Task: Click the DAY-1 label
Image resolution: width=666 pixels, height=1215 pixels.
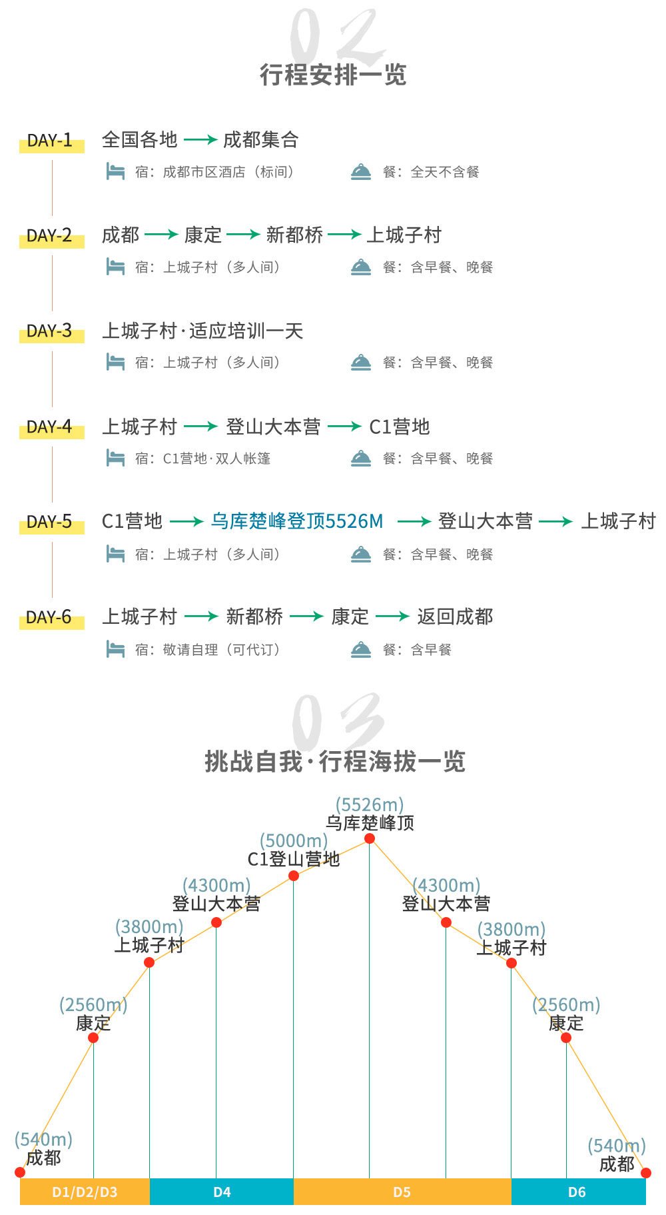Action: click(x=50, y=141)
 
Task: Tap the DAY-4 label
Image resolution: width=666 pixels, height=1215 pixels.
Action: click(x=50, y=427)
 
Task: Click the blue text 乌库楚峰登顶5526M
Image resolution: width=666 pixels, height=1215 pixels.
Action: click(x=297, y=521)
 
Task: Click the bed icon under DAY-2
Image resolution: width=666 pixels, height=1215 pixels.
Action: click(x=116, y=267)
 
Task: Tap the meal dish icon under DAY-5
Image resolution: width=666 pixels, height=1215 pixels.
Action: click(x=361, y=555)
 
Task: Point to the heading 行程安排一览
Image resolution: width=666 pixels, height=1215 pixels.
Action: click(x=333, y=75)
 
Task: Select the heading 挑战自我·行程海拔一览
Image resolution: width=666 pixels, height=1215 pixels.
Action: click(x=335, y=761)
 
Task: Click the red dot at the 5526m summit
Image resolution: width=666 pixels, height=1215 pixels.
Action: click(x=370, y=838)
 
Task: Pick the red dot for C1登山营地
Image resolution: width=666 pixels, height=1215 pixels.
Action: click(x=294, y=876)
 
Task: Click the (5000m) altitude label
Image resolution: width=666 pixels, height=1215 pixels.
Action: click(x=294, y=841)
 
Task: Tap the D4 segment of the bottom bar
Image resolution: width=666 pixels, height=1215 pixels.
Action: click(x=222, y=1192)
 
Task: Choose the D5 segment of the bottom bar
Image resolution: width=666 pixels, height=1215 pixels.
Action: click(x=402, y=1192)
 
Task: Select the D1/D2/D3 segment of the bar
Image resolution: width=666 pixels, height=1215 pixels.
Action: click(x=85, y=1192)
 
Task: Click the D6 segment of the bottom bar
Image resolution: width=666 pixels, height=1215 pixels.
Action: click(x=578, y=1192)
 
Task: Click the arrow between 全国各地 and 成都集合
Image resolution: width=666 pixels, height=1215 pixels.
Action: click(x=200, y=140)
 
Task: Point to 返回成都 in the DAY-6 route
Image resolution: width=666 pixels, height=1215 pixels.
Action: click(x=456, y=617)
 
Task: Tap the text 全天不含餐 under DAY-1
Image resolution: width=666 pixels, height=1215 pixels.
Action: click(x=445, y=172)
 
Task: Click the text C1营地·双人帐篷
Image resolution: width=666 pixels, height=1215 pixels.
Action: click(x=217, y=459)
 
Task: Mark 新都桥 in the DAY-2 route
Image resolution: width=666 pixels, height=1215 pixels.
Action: click(x=294, y=235)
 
